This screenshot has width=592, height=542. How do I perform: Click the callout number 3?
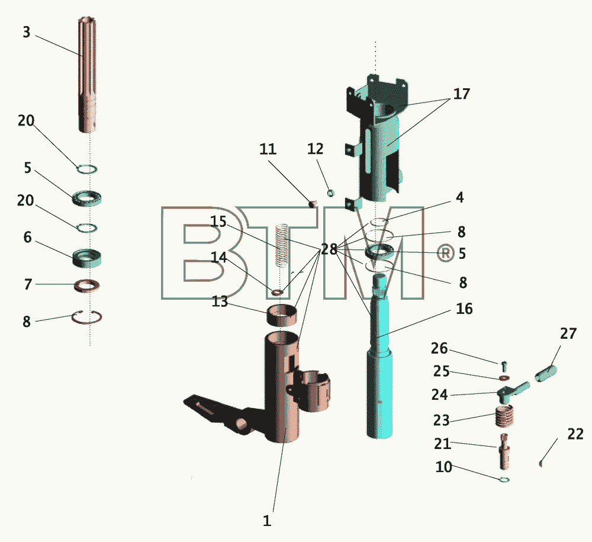pyautogui.click(x=27, y=32)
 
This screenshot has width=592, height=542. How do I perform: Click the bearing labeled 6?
pyautogui.click(x=87, y=258)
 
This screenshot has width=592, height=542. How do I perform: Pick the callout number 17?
pyautogui.click(x=461, y=94)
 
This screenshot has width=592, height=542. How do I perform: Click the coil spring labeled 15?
pyautogui.click(x=282, y=245)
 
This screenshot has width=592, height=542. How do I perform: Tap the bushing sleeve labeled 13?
pyautogui.click(x=282, y=315)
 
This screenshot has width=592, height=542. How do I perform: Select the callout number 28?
pyautogui.click(x=329, y=249)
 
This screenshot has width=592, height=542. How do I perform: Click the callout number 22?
pyautogui.click(x=575, y=434)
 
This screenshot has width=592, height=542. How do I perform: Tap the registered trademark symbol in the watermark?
pyautogui.click(x=446, y=253)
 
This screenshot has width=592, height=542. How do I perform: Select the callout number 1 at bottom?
pyautogui.click(x=267, y=521)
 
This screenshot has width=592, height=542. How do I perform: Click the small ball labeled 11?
pyautogui.click(x=312, y=204)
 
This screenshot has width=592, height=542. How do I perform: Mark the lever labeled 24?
pyautogui.click(x=513, y=391)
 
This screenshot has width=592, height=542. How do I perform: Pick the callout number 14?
pyautogui.click(x=218, y=258)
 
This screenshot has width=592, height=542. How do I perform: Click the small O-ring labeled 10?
pyautogui.click(x=504, y=480)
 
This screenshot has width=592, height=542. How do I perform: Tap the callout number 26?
pyautogui.click(x=439, y=348)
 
